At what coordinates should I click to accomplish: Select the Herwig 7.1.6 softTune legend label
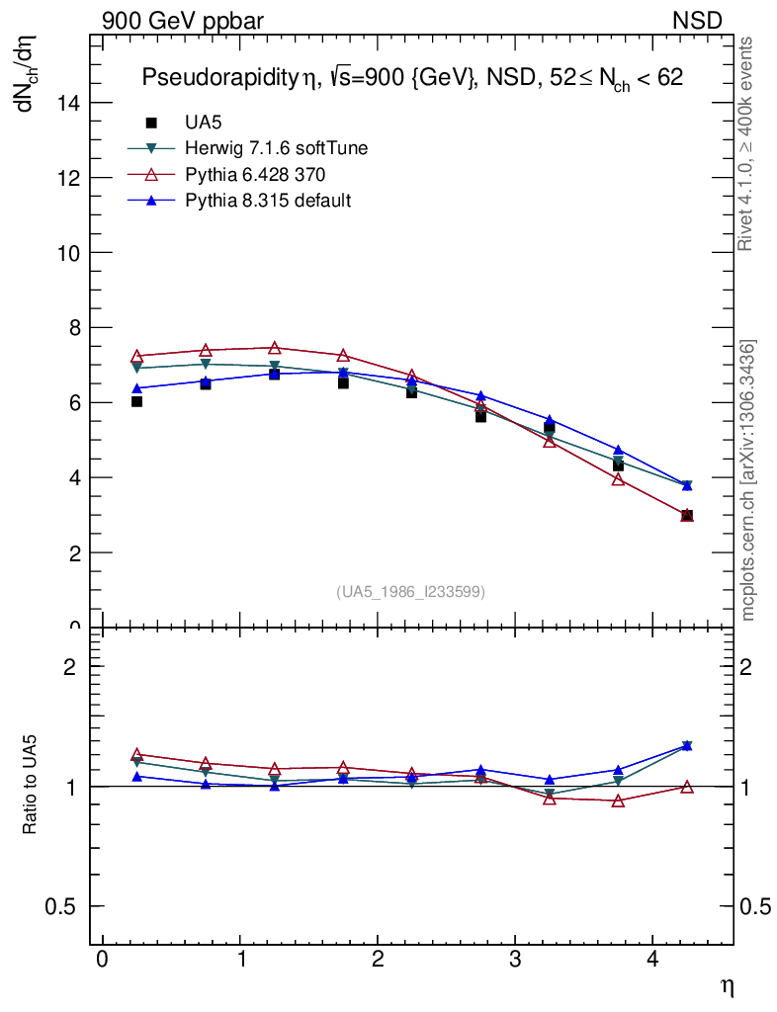point(277,148)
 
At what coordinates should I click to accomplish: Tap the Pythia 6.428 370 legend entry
point(255,174)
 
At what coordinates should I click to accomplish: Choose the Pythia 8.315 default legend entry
point(268,200)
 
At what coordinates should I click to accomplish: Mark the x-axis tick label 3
point(515,961)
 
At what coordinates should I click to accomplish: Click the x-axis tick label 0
point(102,961)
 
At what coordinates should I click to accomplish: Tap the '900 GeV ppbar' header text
point(183,21)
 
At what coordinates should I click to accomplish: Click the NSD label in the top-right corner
point(698,21)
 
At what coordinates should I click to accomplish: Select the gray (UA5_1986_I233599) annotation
point(411,591)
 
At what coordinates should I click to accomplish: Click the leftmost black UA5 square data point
point(136,401)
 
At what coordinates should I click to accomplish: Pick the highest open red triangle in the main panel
point(274,347)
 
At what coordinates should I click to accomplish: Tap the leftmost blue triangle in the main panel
point(136,387)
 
